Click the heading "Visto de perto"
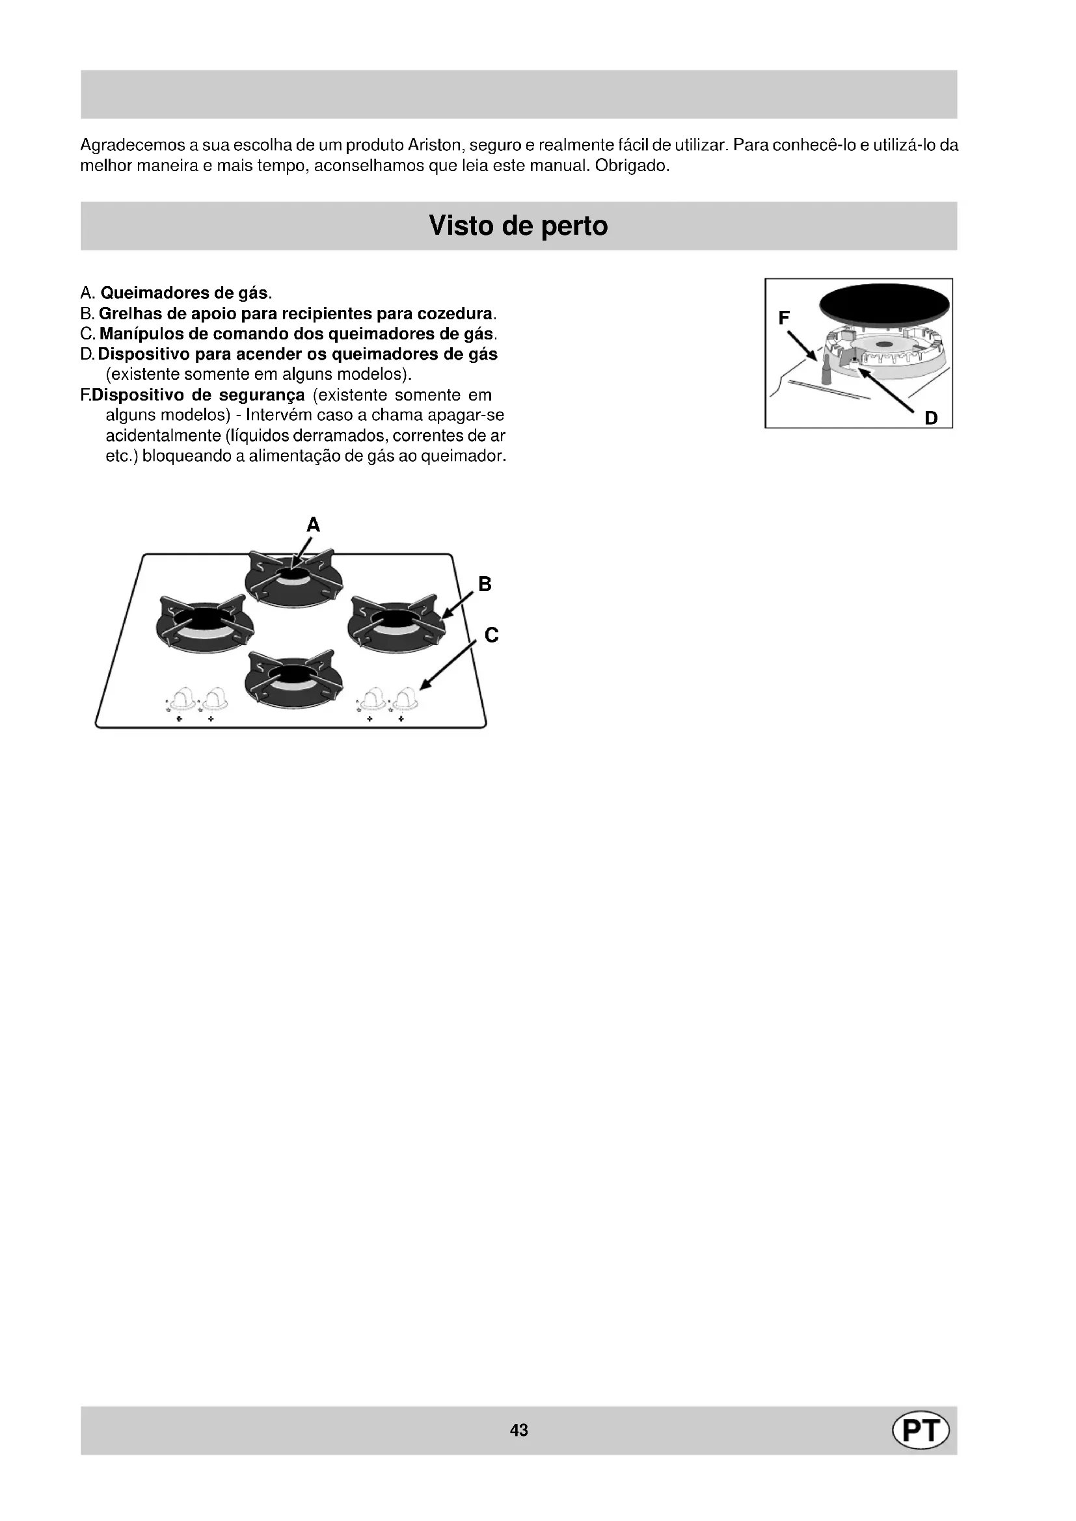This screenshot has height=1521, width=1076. tap(518, 226)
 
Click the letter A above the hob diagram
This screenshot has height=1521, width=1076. tap(314, 525)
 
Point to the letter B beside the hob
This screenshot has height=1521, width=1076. tap(485, 585)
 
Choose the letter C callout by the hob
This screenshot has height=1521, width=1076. tap(491, 635)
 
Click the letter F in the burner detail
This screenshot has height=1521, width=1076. tap(784, 319)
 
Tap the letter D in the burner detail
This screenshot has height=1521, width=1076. tap(931, 418)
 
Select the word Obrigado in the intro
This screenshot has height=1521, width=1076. tap(632, 165)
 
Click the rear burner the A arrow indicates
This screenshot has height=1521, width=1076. tap(293, 577)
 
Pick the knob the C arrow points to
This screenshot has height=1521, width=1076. tap(404, 698)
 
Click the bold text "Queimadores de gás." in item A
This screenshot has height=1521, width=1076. tap(186, 293)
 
